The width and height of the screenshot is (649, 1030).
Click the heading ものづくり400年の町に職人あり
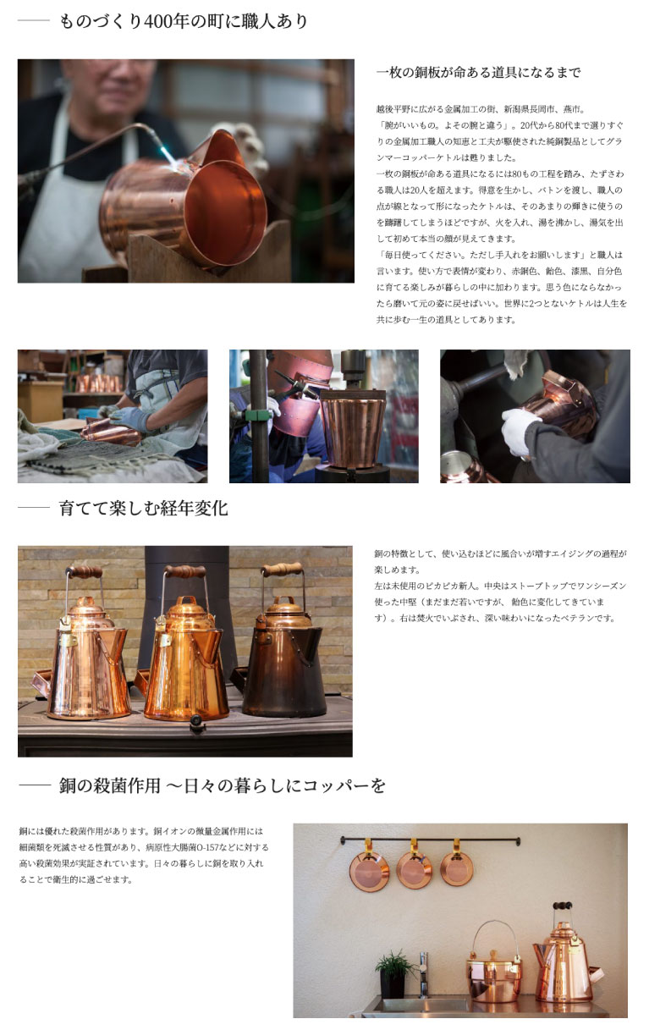coord(183,21)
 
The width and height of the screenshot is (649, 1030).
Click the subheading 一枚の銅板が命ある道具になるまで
coord(478,73)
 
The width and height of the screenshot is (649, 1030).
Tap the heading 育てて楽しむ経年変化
coord(143,509)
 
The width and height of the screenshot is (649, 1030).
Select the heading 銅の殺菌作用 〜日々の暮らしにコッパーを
coord(223,785)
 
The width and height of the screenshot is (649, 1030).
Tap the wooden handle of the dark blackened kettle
coord(282,569)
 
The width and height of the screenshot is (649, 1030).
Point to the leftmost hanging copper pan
coord(370,871)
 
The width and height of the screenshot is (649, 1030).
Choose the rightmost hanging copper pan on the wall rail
coord(457,868)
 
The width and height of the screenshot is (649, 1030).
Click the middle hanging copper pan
coord(415,870)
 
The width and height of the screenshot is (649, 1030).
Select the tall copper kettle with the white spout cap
coord(565,965)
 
